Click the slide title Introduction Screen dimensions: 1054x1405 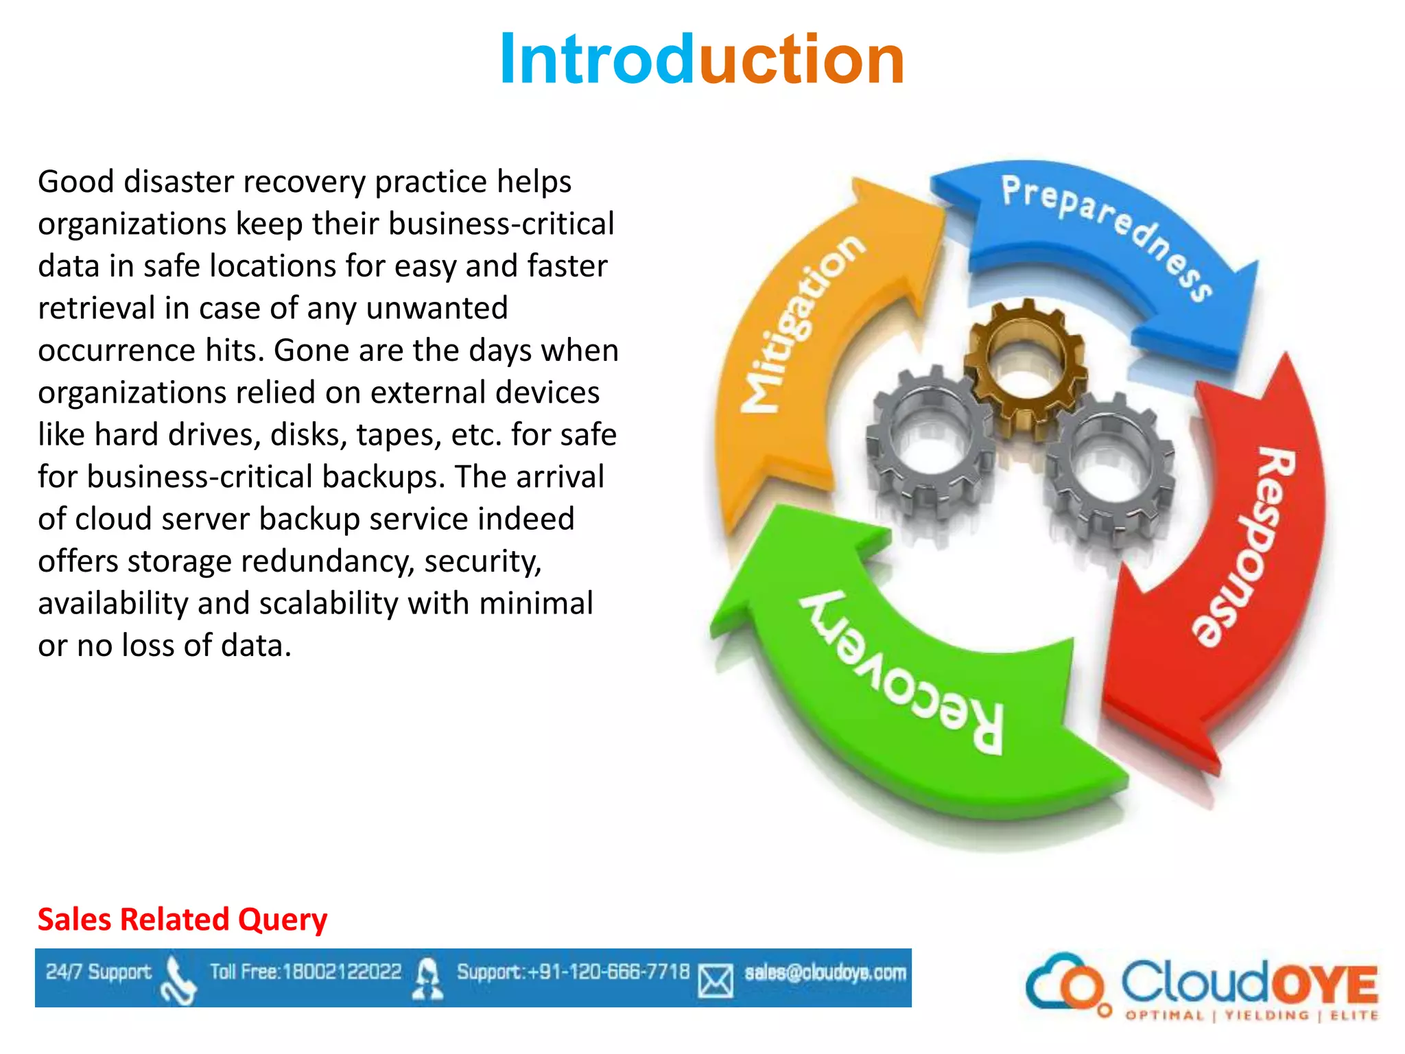[702, 60]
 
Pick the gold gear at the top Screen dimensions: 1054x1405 [1025, 364]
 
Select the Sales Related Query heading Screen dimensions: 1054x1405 [182, 920]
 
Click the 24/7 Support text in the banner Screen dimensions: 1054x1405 [98, 972]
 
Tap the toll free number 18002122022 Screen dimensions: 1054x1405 [342, 972]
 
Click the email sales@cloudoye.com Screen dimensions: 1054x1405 [825, 972]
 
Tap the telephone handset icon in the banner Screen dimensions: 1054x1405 [177, 981]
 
